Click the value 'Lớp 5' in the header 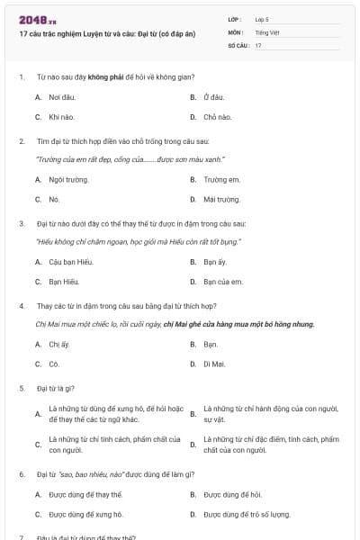(262, 18)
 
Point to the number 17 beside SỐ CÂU (258, 45)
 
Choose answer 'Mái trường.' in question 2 (221, 199)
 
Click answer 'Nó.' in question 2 (54, 199)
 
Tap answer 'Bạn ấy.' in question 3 (215, 262)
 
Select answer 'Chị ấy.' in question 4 (60, 344)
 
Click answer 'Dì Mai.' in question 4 (214, 364)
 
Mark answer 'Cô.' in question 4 (54, 364)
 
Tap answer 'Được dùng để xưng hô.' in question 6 (86, 514)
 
